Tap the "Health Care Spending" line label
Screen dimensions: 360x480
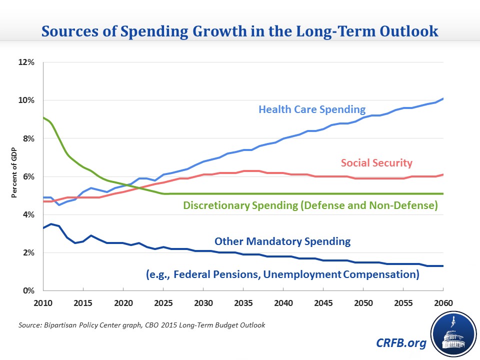click(312, 109)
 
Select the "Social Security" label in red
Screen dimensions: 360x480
click(377, 162)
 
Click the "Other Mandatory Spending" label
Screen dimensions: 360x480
click(282, 241)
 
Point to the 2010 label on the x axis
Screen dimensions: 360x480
click(43, 303)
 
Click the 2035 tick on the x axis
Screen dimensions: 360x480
click(243, 303)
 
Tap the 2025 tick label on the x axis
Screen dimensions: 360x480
click(163, 303)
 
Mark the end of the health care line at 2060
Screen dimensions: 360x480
click(442, 98)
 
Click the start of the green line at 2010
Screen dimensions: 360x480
click(43, 117)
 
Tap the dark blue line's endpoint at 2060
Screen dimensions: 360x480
click(442, 266)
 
